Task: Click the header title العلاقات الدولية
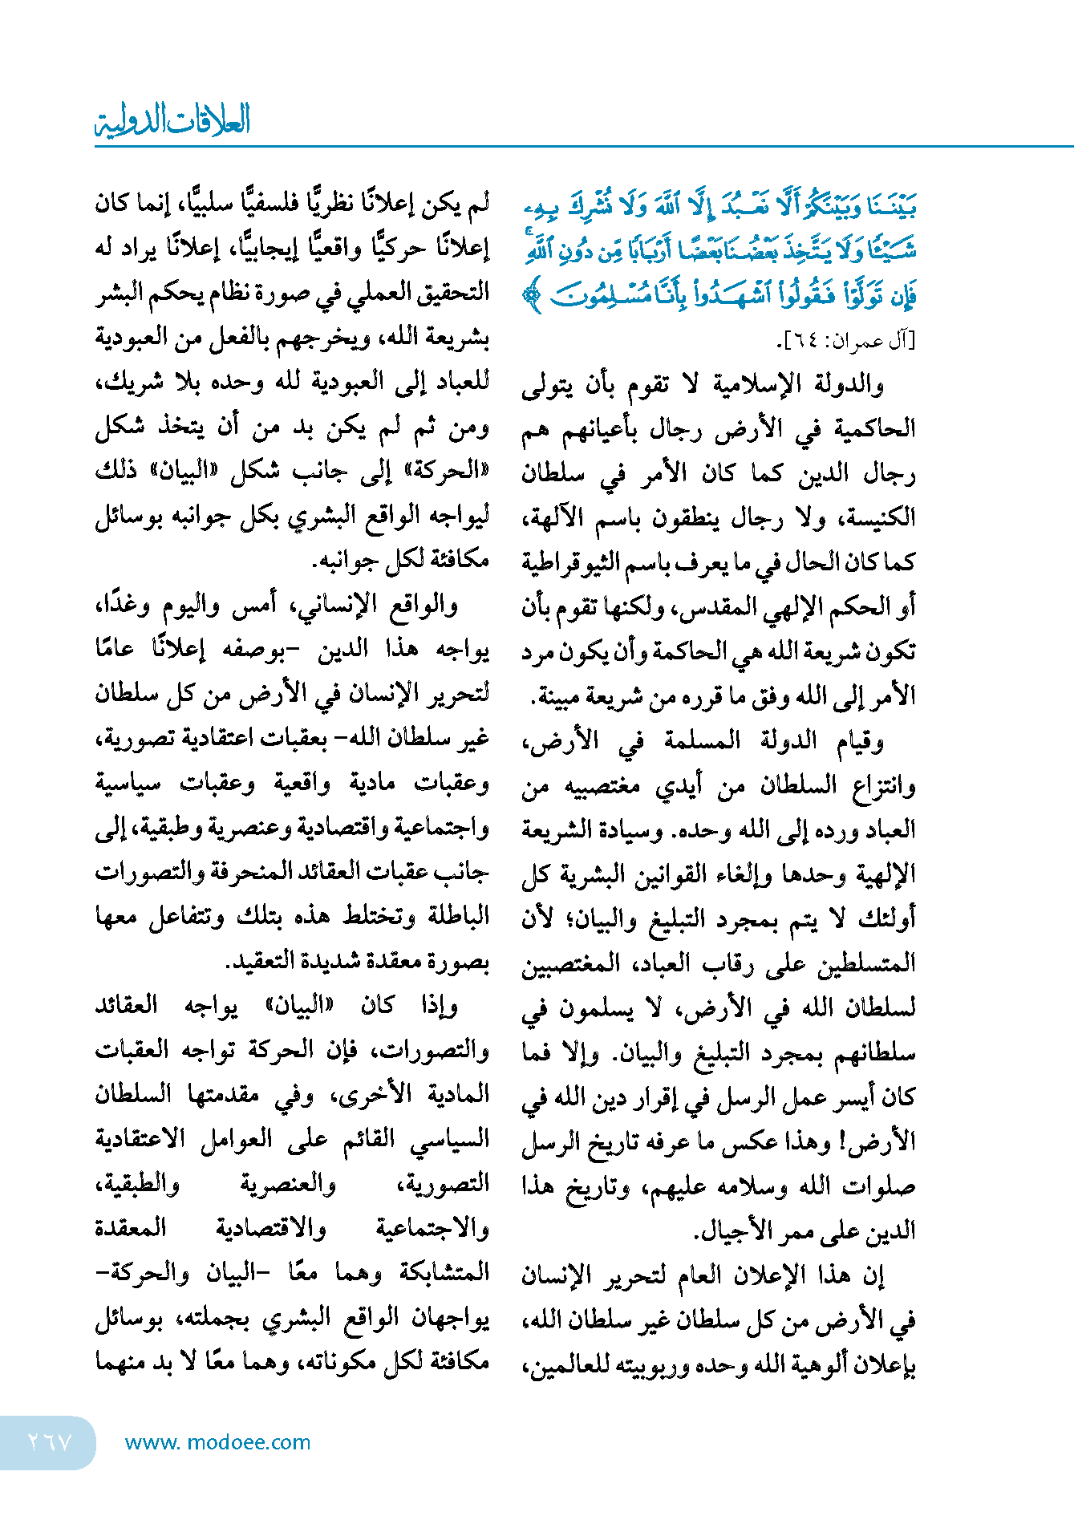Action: (172, 120)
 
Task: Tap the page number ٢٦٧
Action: (50, 1441)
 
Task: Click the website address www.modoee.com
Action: (217, 1442)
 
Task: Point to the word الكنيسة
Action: (881, 517)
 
